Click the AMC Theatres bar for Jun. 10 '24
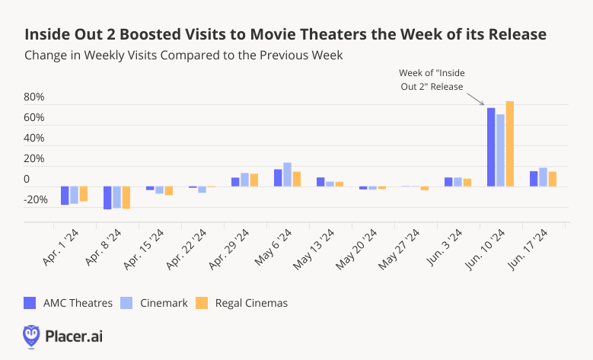point(491,147)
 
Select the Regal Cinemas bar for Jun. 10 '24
point(510,144)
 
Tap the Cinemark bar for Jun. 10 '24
point(500,150)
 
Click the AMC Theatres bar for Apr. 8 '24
point(108,198)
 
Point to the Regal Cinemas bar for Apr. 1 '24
point(84,194)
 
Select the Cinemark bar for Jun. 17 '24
point(543,177)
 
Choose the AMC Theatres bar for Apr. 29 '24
point(235,182)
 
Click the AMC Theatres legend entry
point(69,303)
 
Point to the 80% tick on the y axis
point(34,97)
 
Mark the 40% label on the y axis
point(34,139)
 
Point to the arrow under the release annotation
point(475,98)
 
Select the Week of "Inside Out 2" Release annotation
point(432,79)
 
